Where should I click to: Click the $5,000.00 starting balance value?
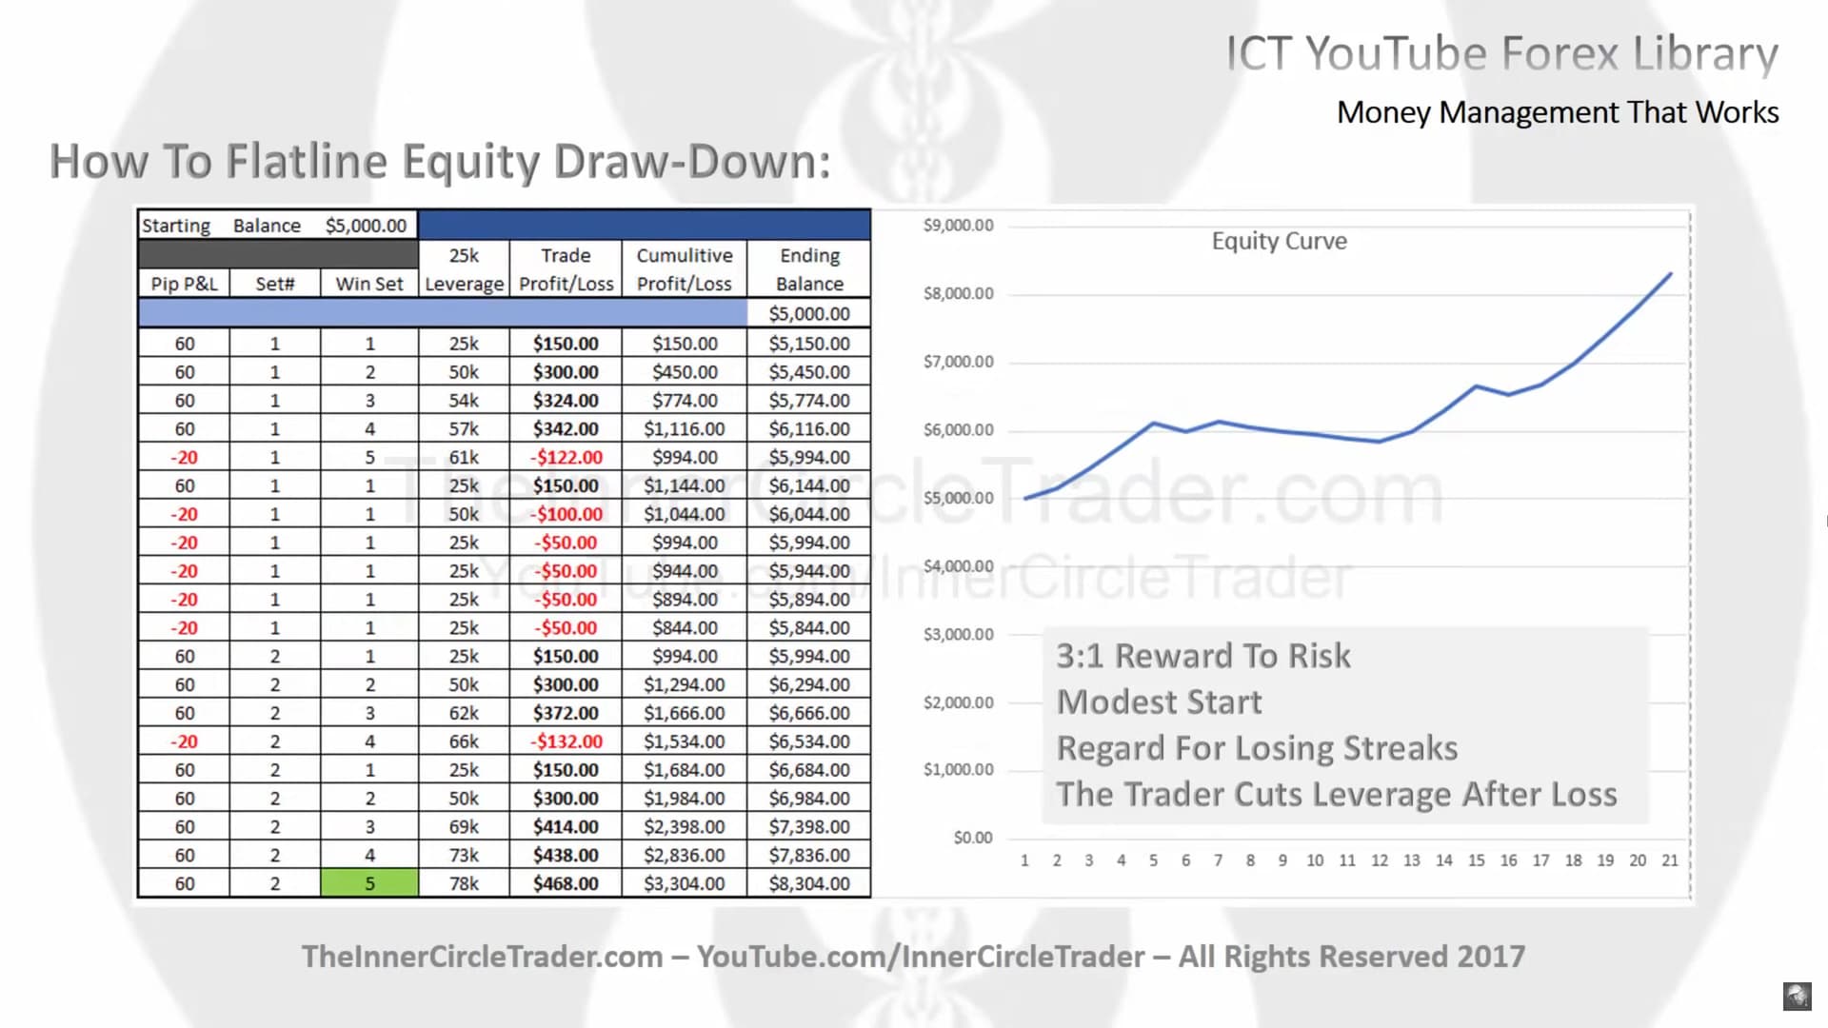[366, 226]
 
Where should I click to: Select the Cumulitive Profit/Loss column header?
[685, 269]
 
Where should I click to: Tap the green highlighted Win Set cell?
[369, 883]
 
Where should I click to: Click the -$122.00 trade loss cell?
[566, 457]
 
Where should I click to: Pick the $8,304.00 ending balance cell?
[809, 883]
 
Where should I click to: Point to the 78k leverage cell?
[464, 883]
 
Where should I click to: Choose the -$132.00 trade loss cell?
[566, 741]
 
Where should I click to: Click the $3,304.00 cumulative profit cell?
[685, 883]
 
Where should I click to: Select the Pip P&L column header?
[184, 284]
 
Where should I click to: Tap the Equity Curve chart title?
[1280, 241]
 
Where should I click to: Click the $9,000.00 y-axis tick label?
[958, 226]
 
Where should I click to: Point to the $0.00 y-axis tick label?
[973, 838]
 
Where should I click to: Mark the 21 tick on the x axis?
[1670, 860]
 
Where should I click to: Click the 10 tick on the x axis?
[1315, 860]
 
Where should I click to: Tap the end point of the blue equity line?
[1670, 274]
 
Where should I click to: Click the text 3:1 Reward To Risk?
[1203, 656]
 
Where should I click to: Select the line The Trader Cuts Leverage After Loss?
[1337, 794]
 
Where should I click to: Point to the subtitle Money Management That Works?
[1558, 112]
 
